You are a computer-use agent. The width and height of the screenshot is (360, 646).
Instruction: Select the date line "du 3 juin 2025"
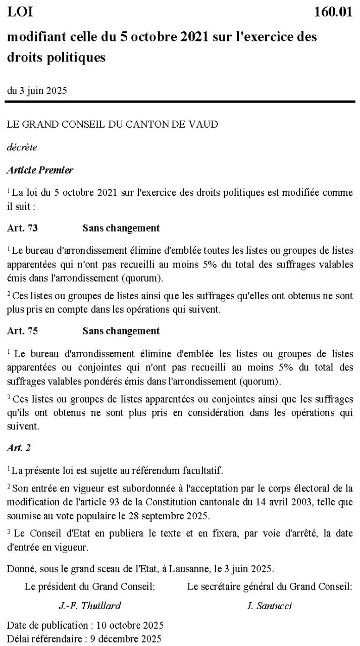pyautogui.click(x=37, y=91)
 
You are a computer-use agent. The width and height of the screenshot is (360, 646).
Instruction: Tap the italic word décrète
pyautogui.click(x=22, y=147)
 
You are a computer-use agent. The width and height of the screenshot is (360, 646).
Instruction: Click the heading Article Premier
pyautogui.click(x=40, y=170)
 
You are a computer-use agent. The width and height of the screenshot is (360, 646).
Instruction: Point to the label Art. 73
pyautogui.click(x=22, y=228)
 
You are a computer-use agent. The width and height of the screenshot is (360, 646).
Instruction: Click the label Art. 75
pyautogui.click(x=22, y=331)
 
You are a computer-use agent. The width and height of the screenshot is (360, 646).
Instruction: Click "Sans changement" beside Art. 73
pyautogui.click(x=121, y=228)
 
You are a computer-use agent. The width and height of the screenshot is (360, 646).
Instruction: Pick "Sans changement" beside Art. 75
pyautogui.click(x=121, y=331)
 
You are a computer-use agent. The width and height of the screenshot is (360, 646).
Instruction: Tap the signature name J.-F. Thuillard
pyautogui.click(x=90, y=606)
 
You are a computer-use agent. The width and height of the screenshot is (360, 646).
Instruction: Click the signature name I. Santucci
pyautogui.click(x=269, y=606)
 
